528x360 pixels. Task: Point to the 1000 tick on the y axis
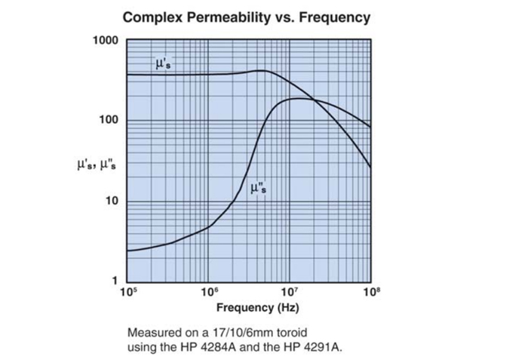[106, 40]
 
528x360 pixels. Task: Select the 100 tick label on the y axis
[109, 121]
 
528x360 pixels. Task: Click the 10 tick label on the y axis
[112, 202]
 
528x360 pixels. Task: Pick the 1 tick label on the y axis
[115, 281]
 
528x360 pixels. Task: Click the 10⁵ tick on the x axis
[128, 291]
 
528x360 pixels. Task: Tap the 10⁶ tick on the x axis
[209, 291]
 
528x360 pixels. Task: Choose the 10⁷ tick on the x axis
[290, 291]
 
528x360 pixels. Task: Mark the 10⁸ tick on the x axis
[370, 291]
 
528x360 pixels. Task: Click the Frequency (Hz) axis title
[248, 308]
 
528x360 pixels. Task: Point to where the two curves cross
[315, 100]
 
